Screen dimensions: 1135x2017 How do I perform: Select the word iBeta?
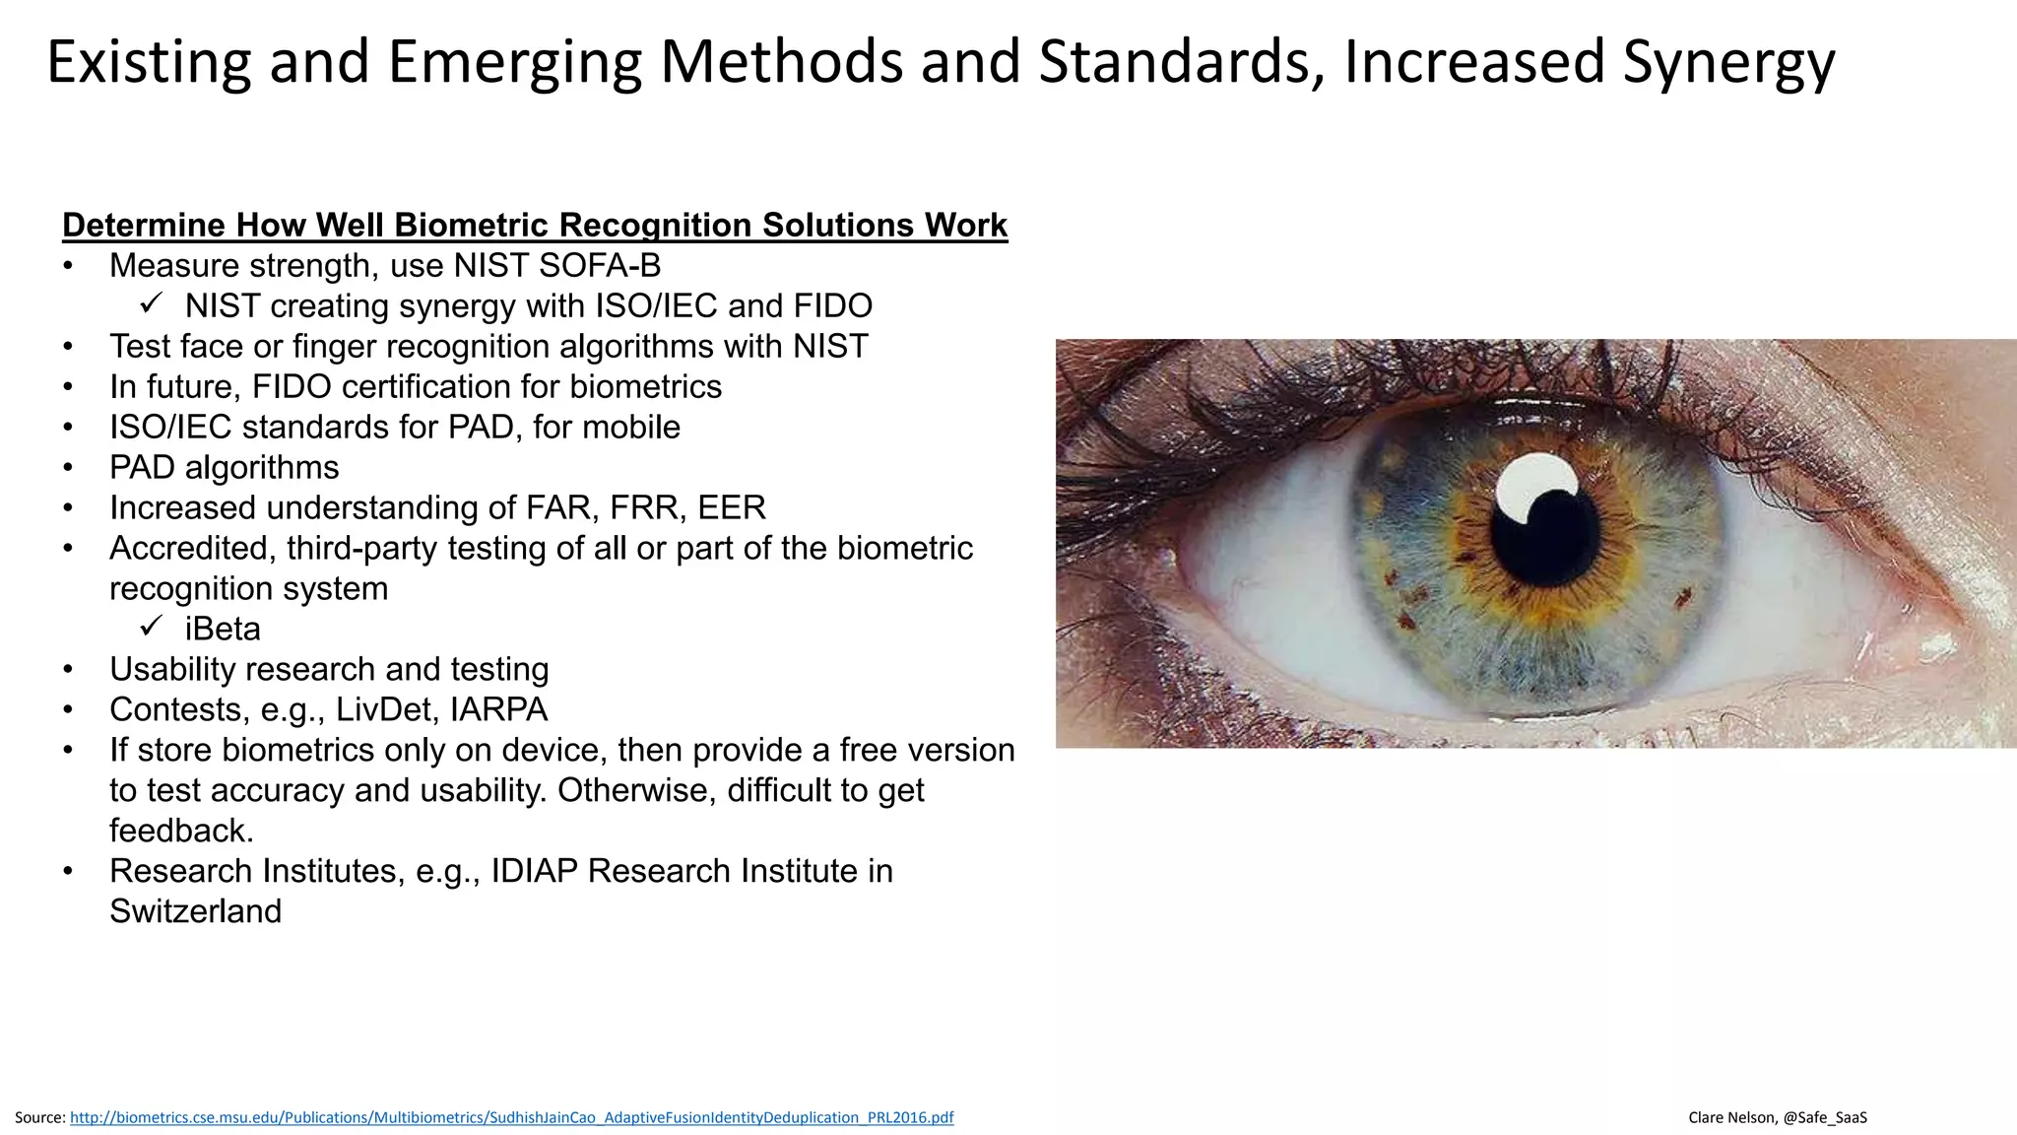tap(223, 629)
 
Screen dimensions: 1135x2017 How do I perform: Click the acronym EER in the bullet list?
tap(731, 507)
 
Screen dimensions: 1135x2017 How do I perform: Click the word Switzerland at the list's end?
tap(195, 911)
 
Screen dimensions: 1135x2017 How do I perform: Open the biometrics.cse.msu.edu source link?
tap(511, 1117)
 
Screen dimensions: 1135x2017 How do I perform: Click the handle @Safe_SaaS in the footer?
tap(1825, 1117)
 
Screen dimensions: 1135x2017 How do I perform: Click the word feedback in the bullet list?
tap(181, 831)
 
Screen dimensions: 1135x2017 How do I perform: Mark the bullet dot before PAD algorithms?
tap(68, 468)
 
